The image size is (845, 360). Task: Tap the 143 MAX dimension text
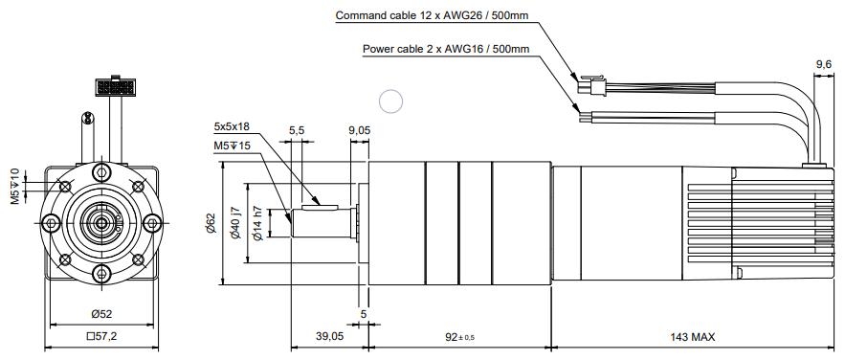click(693, 337)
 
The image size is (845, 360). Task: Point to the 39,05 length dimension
click(329, 337)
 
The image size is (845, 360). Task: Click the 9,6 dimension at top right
click(823, 65)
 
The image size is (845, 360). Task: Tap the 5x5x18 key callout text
click(232, 127)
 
